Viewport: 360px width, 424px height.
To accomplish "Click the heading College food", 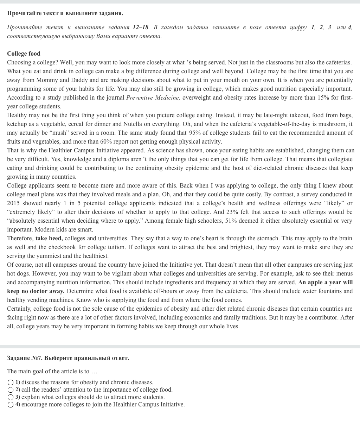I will click(24, 53).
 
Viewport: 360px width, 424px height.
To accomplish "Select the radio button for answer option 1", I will click(11, 382).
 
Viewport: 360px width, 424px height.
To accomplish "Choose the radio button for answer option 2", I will click(11, 390).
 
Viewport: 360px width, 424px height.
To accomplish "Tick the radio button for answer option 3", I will click(11, 397).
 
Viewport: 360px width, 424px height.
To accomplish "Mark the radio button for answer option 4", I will click(11, 405).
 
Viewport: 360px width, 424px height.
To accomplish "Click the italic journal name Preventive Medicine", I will click(153, 97).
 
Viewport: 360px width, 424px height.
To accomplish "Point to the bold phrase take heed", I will click(49, 238).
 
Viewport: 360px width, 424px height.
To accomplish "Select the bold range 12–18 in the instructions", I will click(141, 27).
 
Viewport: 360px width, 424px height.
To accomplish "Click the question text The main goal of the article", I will click(52, 371).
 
